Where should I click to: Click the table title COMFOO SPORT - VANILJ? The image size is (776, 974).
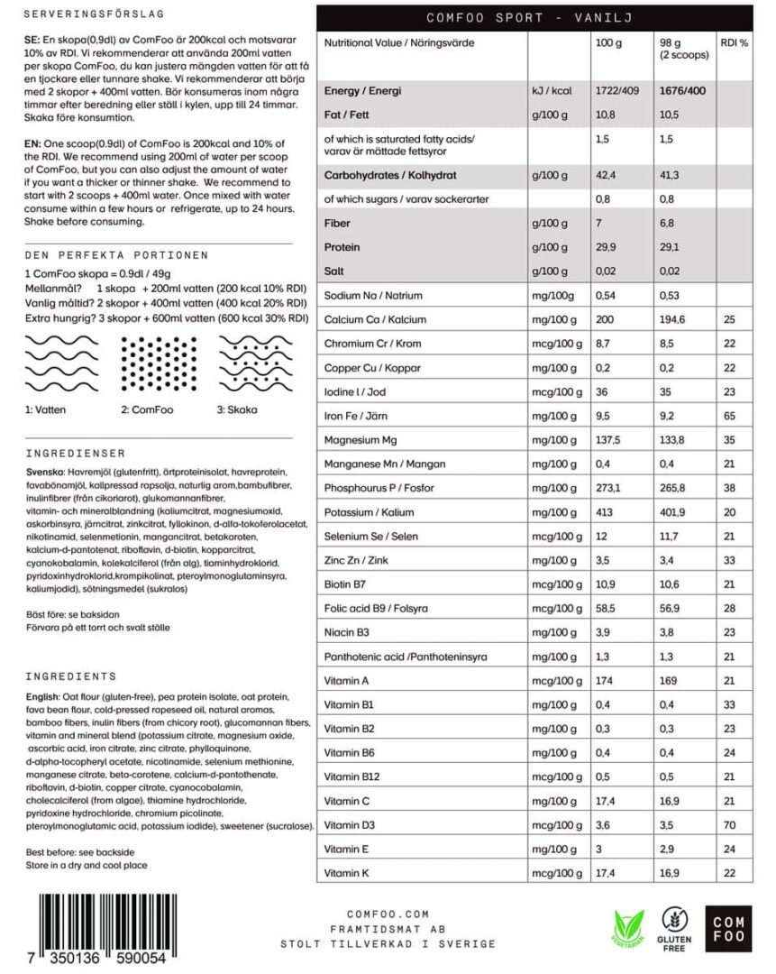(x=534, y=17)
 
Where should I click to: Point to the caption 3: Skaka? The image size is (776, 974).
(x=237, y=409)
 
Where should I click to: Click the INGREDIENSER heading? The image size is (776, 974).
(x=76, y=453)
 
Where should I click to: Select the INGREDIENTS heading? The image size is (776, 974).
(x=71, y=675)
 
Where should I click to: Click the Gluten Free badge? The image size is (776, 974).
(x=677, y=929)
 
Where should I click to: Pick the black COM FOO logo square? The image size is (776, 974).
(x=728, y=929)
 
